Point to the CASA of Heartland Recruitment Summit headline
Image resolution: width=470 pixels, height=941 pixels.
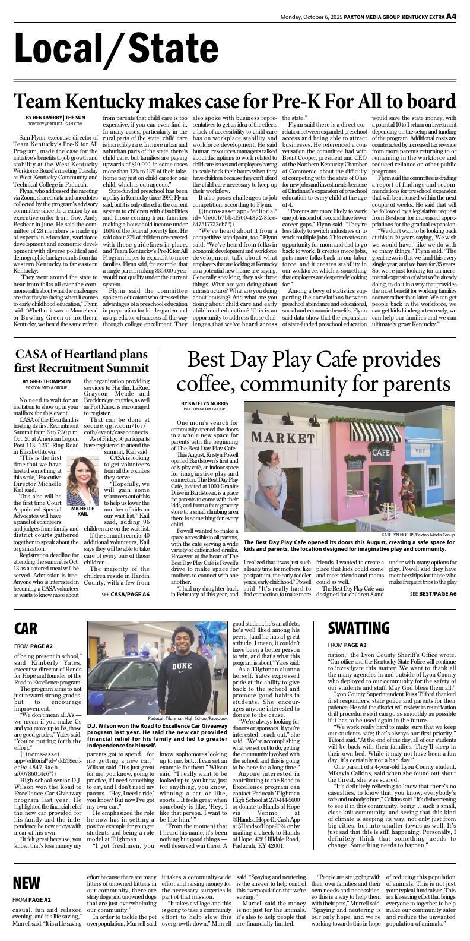click(x=81, y=361)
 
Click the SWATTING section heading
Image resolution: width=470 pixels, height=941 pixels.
click(x=358, y=627)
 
